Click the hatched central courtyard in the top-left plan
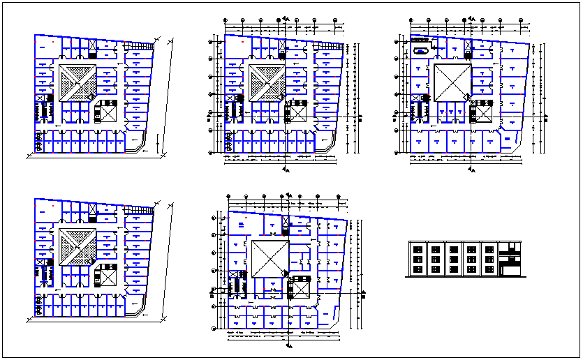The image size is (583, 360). [x=77, y=84]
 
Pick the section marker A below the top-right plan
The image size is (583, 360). [x=473, y=169]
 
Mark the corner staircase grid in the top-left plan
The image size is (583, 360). [x=144, y=46]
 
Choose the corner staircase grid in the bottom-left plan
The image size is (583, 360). [x=144, y=210]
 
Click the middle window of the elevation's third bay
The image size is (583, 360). [x=452, y=258]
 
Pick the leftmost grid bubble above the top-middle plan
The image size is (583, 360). [x=227, y=21]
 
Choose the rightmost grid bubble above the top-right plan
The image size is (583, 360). [x=525, y=21]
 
